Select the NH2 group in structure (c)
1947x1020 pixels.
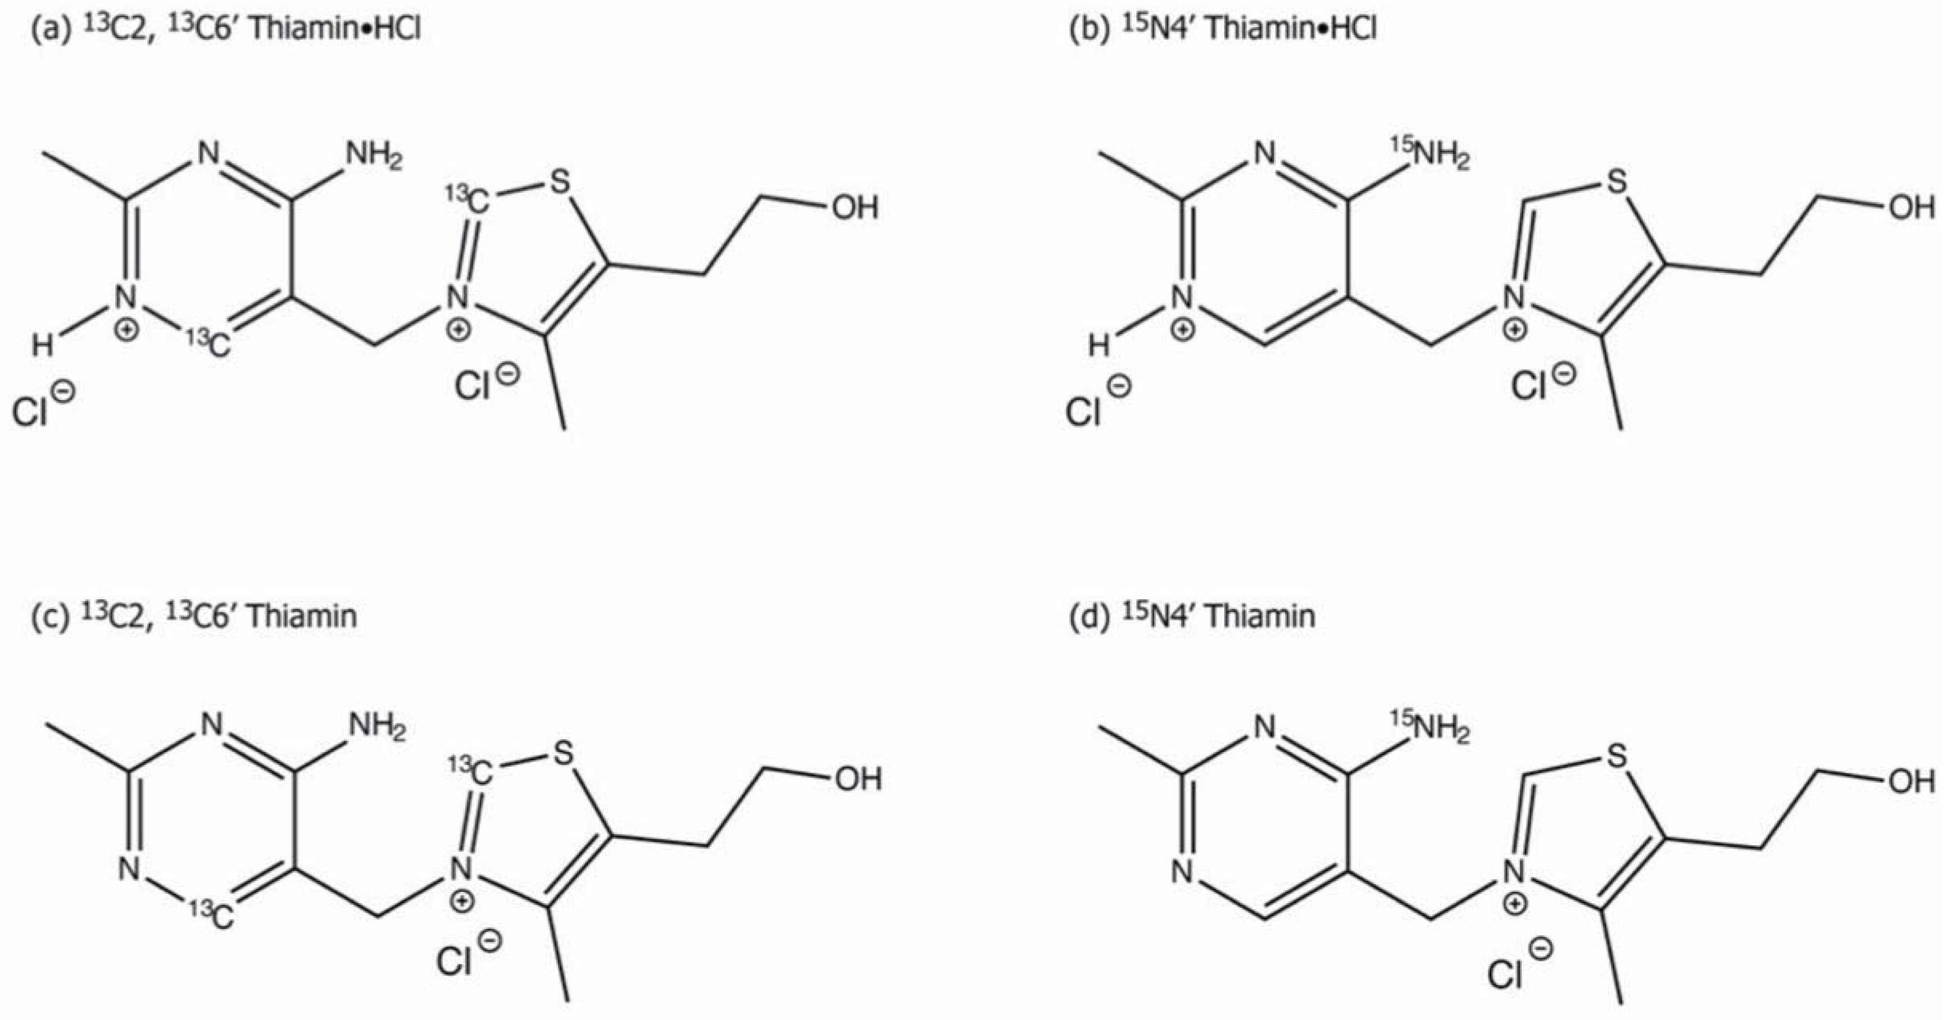(376, 730)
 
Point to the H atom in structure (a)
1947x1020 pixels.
(42, 347)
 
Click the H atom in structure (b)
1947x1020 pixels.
(1098, 347)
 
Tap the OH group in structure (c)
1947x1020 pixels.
(858, 779)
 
